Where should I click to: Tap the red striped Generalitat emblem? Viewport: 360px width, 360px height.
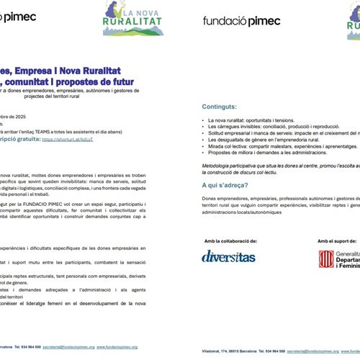(x=325, y=259)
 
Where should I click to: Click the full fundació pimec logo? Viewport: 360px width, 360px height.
(x=241, y=21)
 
